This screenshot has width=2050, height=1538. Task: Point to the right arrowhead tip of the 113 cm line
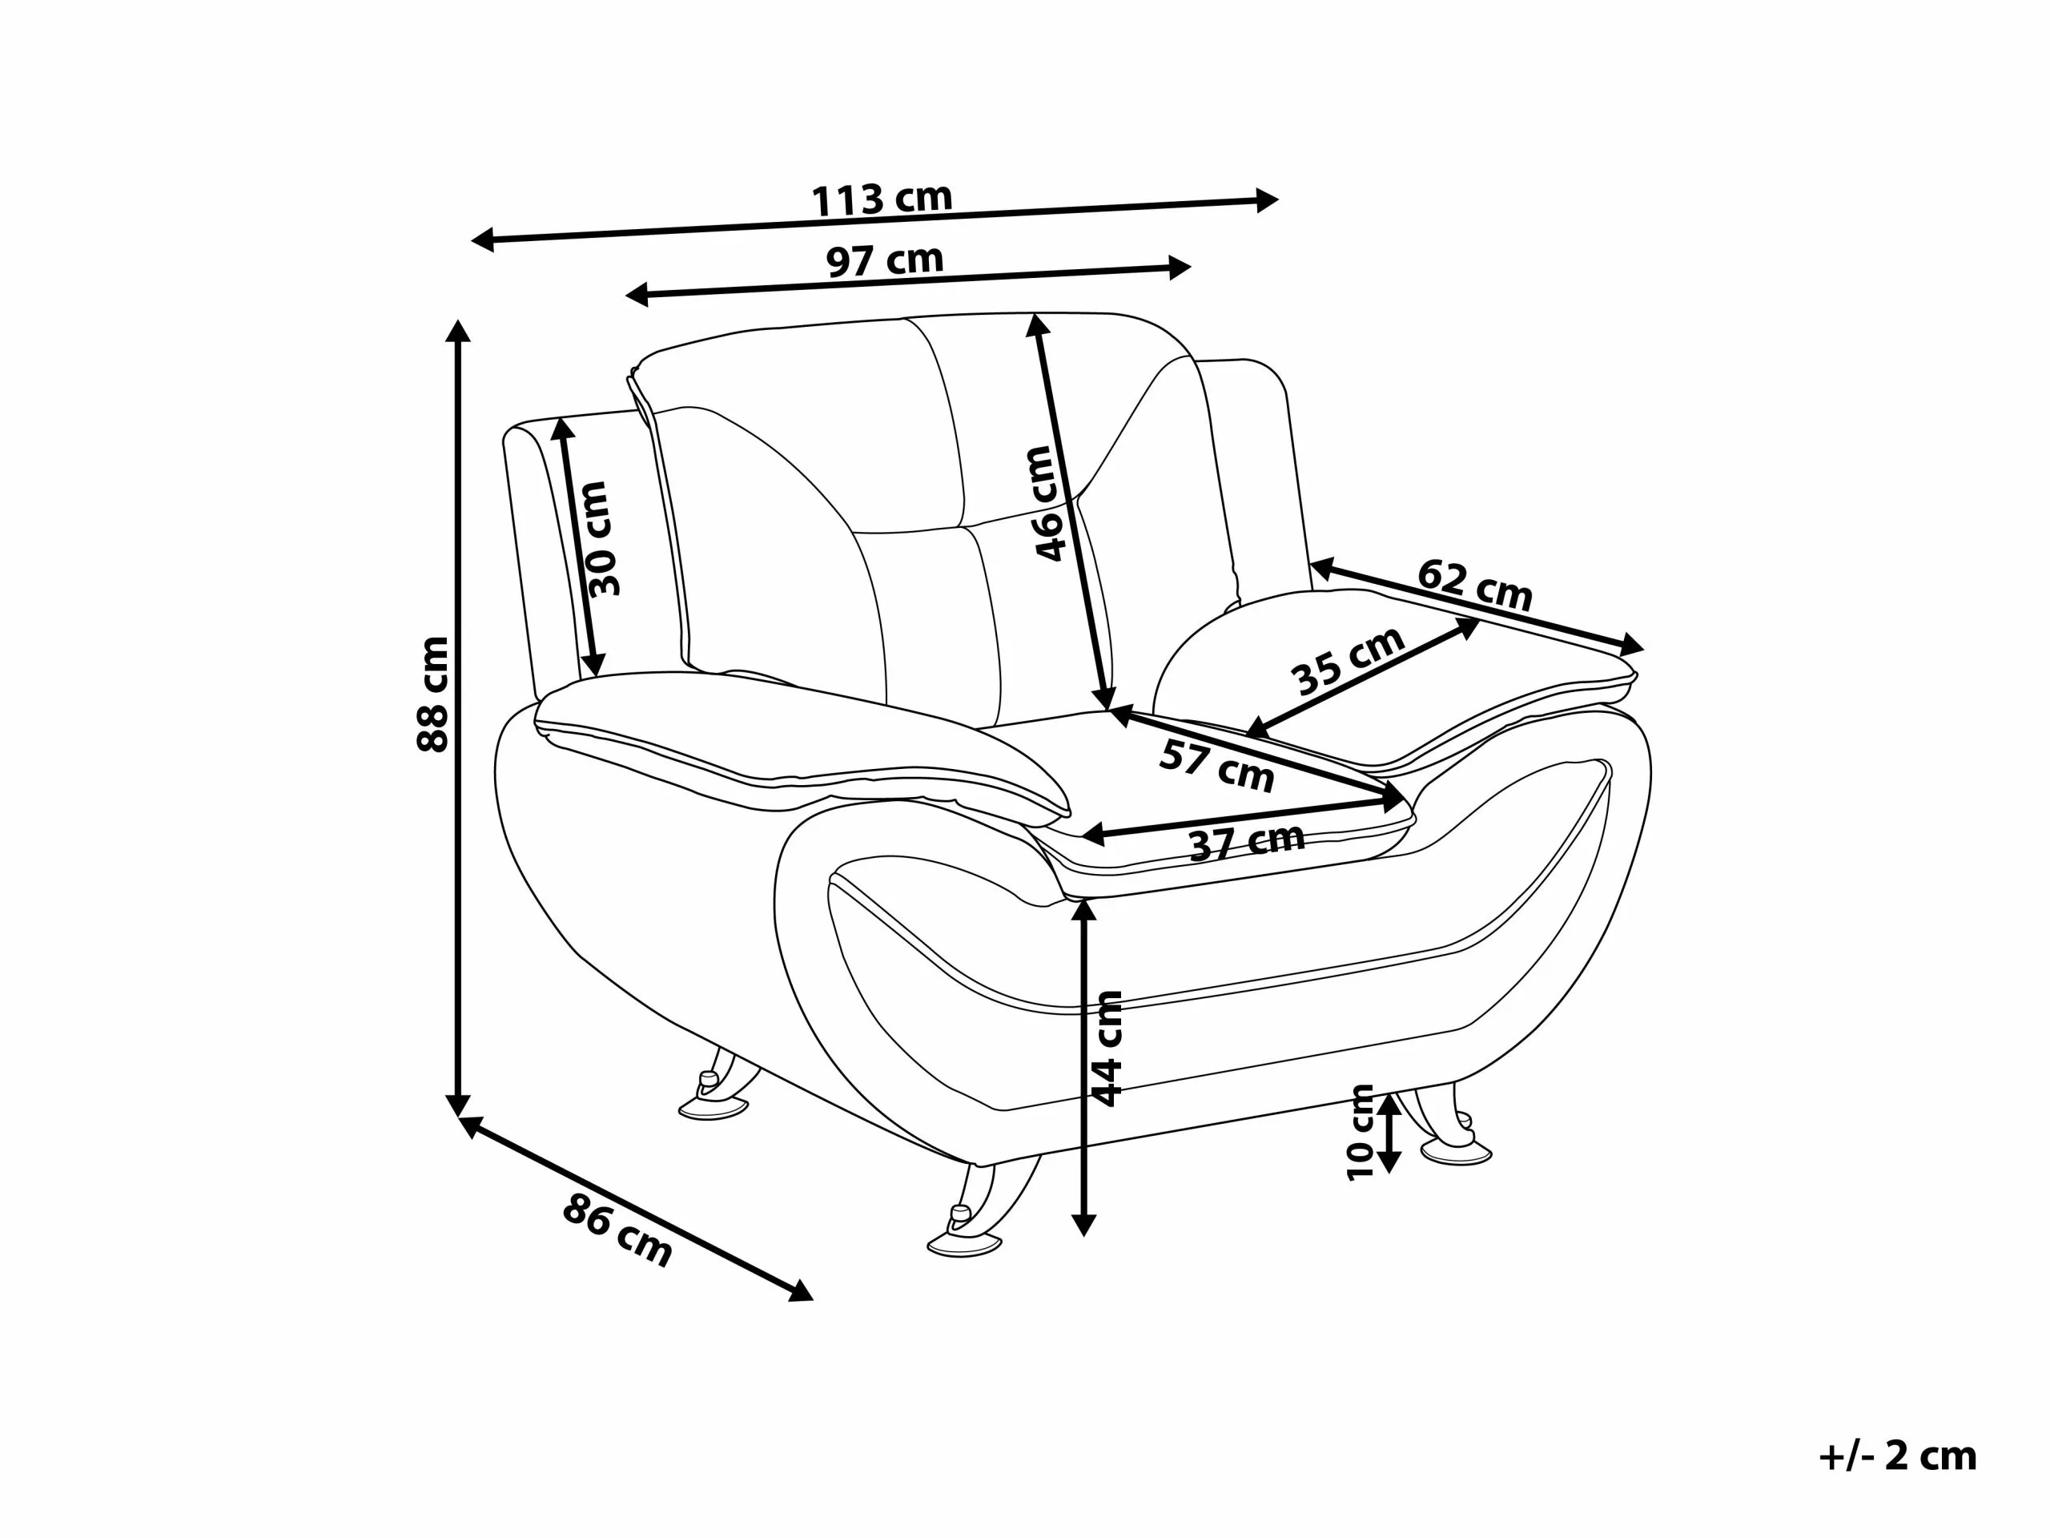click(x=1278, y=199)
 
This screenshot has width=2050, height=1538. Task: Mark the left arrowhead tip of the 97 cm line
click(x=625, y=296)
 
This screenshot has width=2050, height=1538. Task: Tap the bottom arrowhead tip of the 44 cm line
click(x=1083, y=1237)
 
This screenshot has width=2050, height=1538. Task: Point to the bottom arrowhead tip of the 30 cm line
click(x=595, y=677)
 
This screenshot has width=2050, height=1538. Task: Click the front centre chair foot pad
click(x=965, y=1244)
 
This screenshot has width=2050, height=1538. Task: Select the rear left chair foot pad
click(x=714, y=1109)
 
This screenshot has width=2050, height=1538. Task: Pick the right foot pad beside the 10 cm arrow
click(x=1456, y=1153)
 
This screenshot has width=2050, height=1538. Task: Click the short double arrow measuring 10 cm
click(x=1389, y=1133)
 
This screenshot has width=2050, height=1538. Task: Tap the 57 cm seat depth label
click(x=1217, y=766)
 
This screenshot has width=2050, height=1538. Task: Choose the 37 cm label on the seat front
click(x=1247, y=842)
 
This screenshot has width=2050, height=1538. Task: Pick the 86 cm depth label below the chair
click(x=617, y=1230)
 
